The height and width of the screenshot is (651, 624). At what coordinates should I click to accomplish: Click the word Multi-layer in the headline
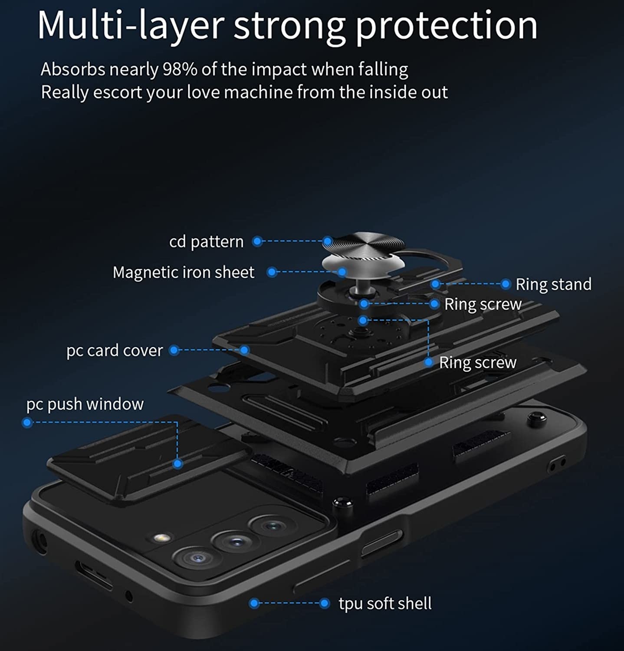point(131,26)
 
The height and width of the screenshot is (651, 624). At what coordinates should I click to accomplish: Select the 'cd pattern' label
point(207,242)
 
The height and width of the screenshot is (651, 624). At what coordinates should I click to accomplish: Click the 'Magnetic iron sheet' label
point(184,272)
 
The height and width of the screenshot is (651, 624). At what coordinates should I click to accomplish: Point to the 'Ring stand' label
point(553,284)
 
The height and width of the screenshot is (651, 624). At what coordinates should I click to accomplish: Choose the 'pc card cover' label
point(115,350)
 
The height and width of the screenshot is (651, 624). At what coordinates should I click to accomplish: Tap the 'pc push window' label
point(85,404)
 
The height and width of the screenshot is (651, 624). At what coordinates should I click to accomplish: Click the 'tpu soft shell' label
point(385,603)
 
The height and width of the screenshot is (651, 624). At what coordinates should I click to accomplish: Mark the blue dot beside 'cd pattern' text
point(257,241)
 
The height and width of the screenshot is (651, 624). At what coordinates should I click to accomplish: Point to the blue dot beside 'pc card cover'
point(174,350)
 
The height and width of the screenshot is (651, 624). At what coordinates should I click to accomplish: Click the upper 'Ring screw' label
point(483,304)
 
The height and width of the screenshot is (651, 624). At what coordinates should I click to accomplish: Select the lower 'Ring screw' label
point(478,362)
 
